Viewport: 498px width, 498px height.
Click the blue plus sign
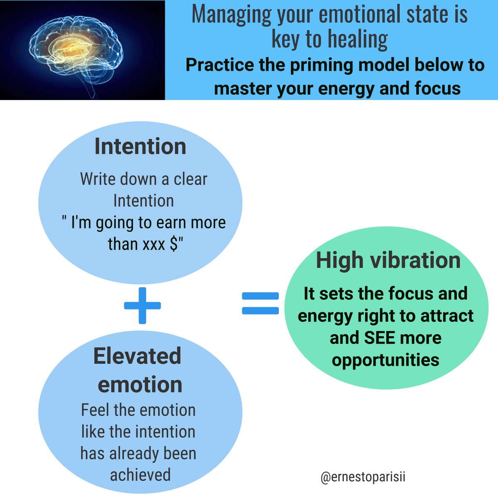click(x=142, y=305)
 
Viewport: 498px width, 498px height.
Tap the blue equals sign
click(x=260, y=303)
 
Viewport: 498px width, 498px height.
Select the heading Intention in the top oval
click(x=140, y=146)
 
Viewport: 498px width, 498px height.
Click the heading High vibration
click(x=388, y=261)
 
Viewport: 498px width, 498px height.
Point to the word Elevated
click(x=137, y=356)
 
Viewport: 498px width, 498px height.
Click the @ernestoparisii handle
click(x=363, y=477)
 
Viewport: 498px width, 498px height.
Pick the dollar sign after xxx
click(x=174, y=244)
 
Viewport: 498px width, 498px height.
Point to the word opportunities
click(x=386, y=359)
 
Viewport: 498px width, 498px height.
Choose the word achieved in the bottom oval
click(x=140, y=475)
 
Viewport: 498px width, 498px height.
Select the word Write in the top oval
click(x=98, y=179)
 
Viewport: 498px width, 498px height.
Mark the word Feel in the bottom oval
click(x=95, y=410)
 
